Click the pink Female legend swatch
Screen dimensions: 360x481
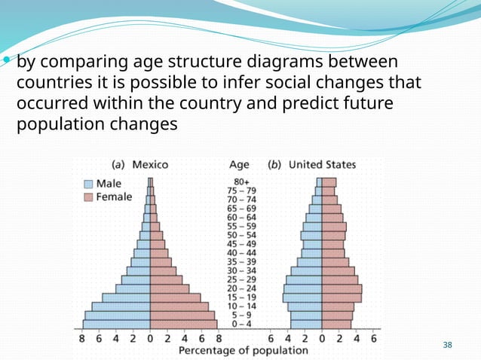click(88, 197)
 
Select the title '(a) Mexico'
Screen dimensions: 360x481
click(140, 164)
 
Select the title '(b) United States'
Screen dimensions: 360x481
click(312, 164)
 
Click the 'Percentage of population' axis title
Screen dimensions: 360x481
click(243, 350)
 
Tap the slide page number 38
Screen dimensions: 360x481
click(448, 345)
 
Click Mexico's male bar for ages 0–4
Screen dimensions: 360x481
click(116, 325)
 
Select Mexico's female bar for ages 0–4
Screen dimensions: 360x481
click(183, 325)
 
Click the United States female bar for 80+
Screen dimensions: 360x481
click(329, 182)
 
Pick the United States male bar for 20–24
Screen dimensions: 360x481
click(303, 288)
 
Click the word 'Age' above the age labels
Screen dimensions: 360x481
click(239, 164)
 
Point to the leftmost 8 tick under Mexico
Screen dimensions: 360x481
click(82, 339)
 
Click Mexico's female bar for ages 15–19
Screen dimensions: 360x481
click(176, 297)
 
